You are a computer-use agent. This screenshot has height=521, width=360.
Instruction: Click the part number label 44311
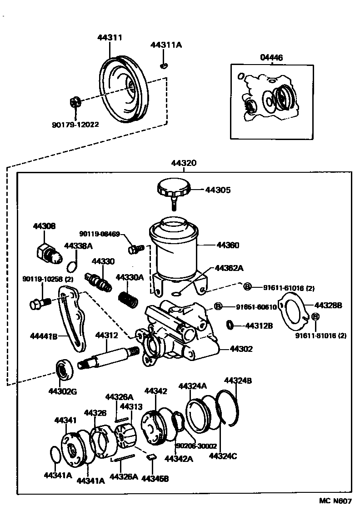pos(109,38)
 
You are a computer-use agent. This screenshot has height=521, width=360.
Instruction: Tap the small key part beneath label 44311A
pos(164,66)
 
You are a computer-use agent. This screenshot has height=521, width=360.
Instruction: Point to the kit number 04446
pos(271,58)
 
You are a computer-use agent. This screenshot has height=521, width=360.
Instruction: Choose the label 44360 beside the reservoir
pos(228,245)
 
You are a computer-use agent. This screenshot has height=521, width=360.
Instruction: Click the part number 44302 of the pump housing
pos(241,349)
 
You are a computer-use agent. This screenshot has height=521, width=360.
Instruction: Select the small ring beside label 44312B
pos(230,325)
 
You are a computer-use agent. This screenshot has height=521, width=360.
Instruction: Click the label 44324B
pos(237,381)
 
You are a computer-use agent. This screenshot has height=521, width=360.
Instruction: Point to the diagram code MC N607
pos(335,501)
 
